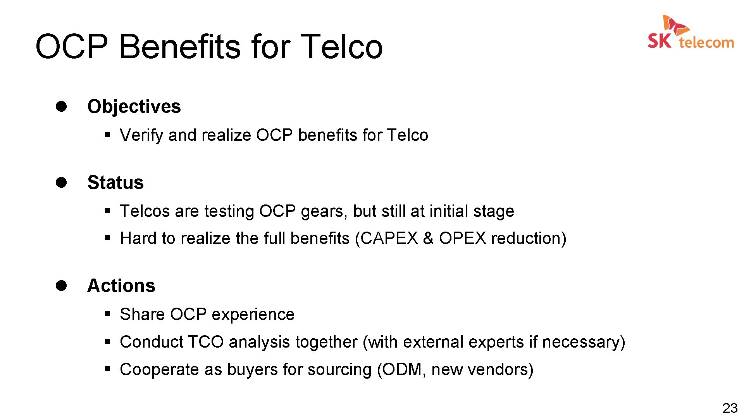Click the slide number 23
point(730,408)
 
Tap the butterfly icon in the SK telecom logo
point(675,25)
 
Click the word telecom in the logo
point(706,42)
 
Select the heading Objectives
point(134,107)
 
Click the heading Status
point(115,183)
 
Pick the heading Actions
point(121,286)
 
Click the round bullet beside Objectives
point(61,106)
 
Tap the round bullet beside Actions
point(61,286)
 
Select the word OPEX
point(462,238)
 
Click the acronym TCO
point(206,342)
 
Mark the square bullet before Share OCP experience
point(108,313)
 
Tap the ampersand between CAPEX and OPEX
point(428,238)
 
